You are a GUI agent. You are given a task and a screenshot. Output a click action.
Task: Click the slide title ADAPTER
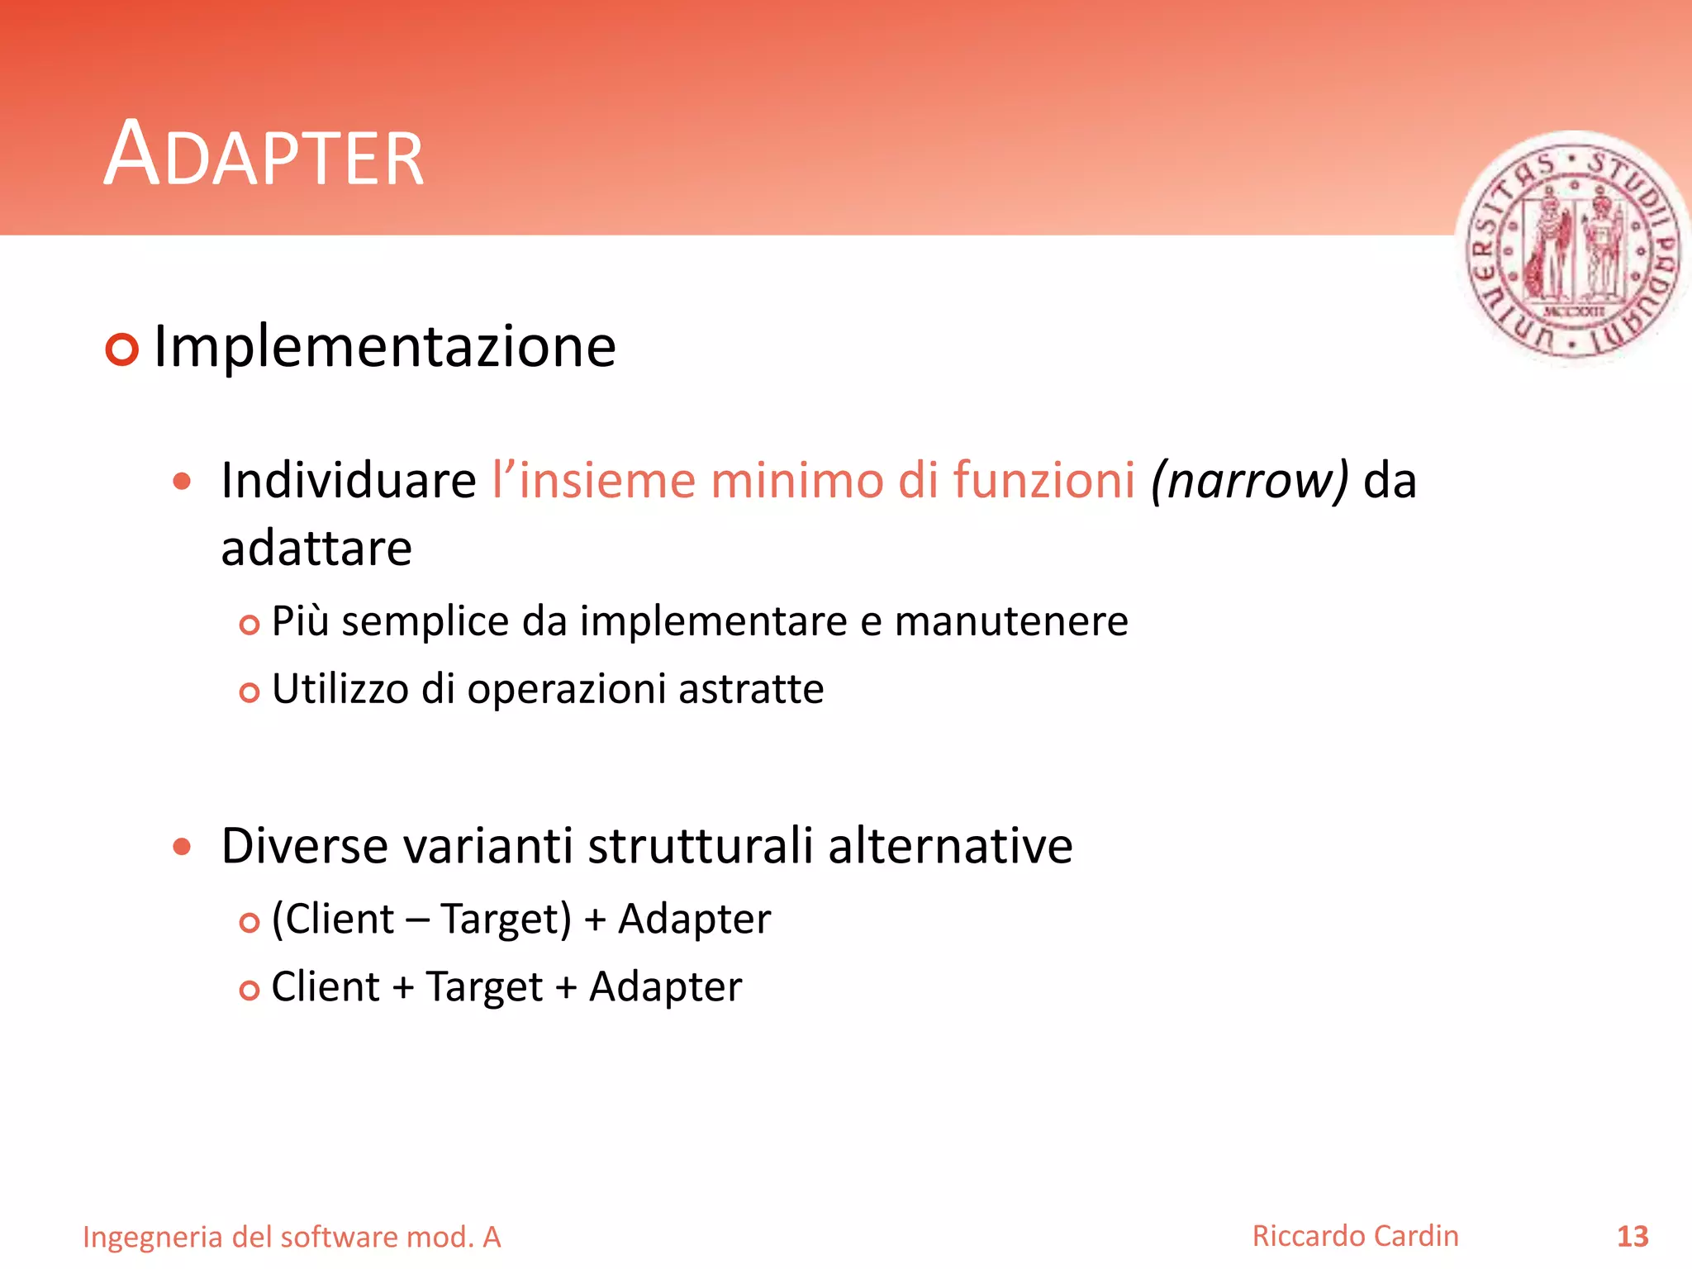(x=264, y=154)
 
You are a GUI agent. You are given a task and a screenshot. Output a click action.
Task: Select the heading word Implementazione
(x=385, y=346)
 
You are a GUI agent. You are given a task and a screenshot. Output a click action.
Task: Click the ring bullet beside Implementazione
(x=122, y=349)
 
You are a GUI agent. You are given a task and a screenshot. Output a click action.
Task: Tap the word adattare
(x=316, y=549)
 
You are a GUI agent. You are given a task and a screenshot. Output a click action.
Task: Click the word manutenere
(x=1011, y=621)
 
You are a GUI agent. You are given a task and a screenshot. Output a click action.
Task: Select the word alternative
(x=950, y=846)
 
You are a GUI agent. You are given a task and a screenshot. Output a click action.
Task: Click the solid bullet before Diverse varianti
(x=183, y=847)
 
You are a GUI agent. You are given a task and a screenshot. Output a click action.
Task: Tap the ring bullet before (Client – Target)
(x=250, y=922)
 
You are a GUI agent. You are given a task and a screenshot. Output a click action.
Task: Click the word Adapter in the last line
(x=665, y=987)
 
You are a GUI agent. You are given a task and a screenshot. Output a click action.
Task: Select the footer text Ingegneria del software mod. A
(x=292, y=1237)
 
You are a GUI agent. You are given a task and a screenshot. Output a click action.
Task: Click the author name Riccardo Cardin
(x=1355, y=1236)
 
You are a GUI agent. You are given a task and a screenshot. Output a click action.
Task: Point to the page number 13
(x=1632, y=1237)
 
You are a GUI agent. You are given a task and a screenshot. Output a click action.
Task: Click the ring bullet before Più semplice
(x=250, y=625)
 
